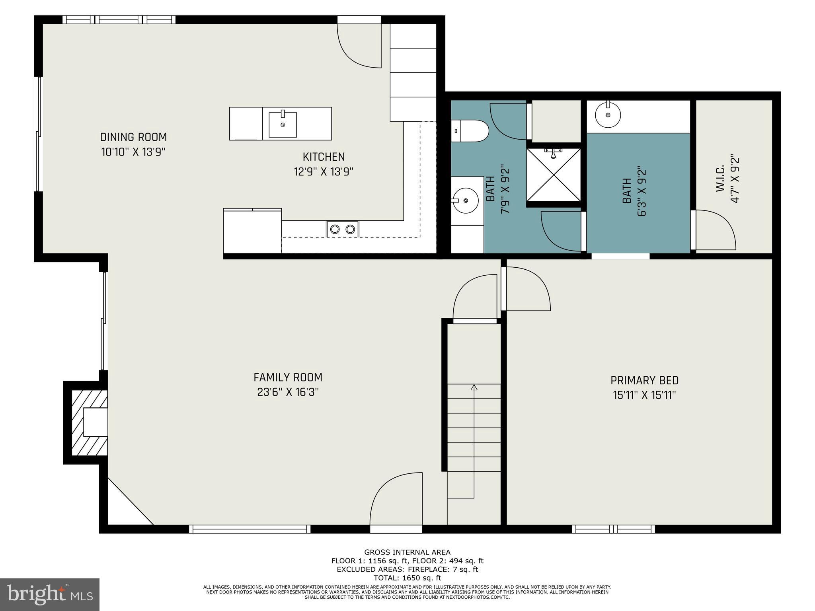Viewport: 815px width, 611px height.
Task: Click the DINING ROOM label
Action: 133,137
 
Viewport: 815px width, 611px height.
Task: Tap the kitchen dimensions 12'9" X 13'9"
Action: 324,172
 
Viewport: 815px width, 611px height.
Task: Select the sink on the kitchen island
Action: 283,124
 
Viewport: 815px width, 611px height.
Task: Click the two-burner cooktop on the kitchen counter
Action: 343,229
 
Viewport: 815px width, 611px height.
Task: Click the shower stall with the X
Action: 553,175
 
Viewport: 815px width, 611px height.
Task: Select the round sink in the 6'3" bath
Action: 608,115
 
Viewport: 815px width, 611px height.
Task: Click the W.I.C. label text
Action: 721,180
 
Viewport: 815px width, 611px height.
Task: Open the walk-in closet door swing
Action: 714,230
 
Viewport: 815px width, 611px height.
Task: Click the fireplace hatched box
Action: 90,422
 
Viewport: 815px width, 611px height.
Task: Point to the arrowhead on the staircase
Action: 474,387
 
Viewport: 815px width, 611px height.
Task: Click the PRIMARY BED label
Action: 644,381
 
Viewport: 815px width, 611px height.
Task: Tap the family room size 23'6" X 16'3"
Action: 288,392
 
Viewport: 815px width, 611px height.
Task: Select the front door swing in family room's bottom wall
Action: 396,501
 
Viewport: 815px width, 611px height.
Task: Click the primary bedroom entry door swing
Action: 526,289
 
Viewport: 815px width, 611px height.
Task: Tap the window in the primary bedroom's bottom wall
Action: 613,529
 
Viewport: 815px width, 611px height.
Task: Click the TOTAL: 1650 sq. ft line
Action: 407,578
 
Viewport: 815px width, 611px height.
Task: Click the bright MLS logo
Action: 50,595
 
